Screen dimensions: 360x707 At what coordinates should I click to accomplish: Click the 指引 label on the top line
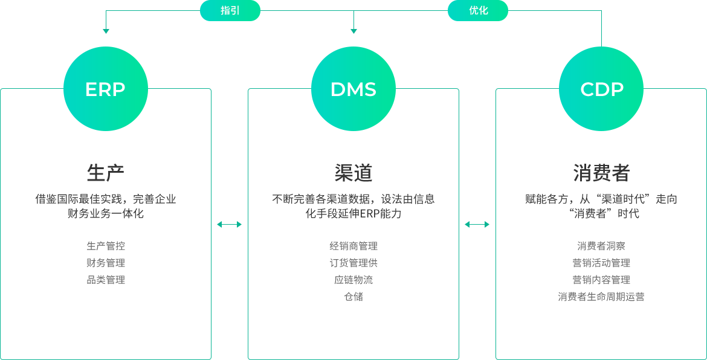[x=230, y=10]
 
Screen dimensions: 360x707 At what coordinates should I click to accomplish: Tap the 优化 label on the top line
[x=479, y=10]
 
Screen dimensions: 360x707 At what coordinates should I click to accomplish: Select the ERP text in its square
[x=105, y=89]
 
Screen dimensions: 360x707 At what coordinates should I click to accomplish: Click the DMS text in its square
[x=353, y=89]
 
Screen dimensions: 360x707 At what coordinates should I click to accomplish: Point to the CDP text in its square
[x=602, y=89]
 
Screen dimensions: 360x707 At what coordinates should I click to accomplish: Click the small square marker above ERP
[x=106, y=31]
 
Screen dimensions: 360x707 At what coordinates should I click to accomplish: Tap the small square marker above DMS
[x=353, y=31]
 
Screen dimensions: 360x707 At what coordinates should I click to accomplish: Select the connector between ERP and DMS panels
[x=229, y=224]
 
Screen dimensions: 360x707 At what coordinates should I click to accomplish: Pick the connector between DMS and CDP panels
[x=477, y=224]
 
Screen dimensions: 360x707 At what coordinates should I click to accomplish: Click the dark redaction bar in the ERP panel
[x=107, y=206]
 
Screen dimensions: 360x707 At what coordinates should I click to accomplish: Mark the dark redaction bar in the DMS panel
[x=353, y=206]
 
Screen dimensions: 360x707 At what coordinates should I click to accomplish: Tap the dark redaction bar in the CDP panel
[x=600, y=206]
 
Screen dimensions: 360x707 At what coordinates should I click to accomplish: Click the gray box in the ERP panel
[x=107, y=263]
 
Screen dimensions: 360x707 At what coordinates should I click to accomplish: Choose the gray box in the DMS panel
[x=353, y=271]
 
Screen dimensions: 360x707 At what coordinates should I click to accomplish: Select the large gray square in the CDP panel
[x=605, y=271]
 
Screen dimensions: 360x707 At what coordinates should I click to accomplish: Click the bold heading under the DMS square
[x=353, y=173]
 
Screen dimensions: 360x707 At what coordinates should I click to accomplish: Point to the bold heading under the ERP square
[x=106, y=173]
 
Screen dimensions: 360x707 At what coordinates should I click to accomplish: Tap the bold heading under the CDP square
[x=602, y=173]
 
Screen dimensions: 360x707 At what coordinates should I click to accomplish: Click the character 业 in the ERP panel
[x=172, y=199]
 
